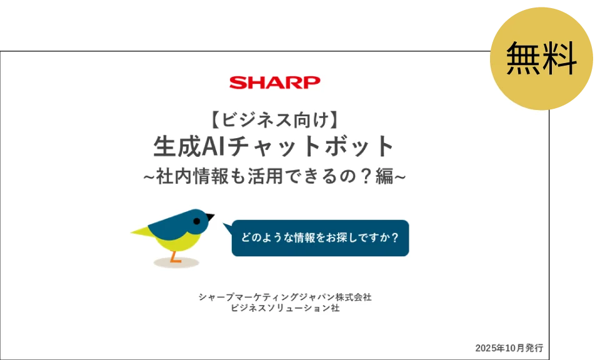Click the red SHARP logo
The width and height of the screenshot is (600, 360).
tap(274, 82)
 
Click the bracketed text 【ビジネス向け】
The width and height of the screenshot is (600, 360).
tap(274, 117)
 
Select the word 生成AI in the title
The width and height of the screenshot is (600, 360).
tap(184, 147)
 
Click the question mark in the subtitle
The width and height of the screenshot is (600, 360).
tap(363, 177)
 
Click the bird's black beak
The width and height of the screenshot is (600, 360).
tap(210, 217)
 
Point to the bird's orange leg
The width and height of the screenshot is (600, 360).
tap(176, 256)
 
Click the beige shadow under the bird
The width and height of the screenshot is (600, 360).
tap(176, 263)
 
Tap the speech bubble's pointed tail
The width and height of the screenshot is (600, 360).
tap(227, 227)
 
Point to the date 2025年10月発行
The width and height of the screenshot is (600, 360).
tap(508, 347)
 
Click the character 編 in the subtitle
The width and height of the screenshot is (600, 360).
tap(384, 177)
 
